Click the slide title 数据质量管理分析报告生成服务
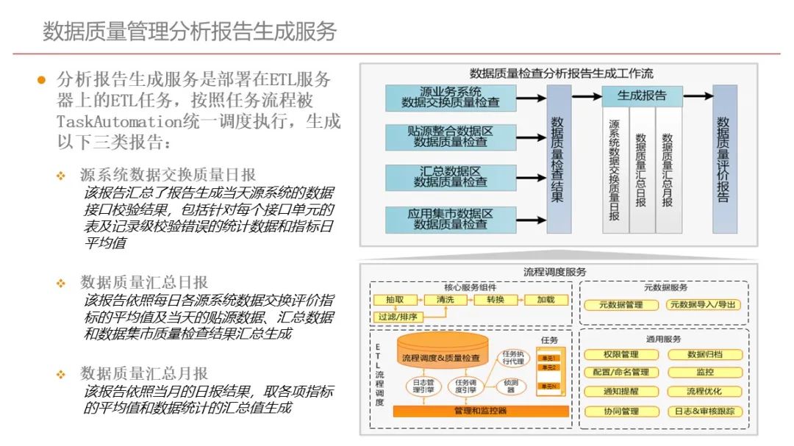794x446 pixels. point(190,31)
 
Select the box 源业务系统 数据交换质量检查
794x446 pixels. point(450,98)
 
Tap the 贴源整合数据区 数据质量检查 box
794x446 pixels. point(450,137)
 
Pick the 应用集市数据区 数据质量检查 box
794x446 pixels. point(450,220)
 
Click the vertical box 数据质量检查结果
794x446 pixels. point(559,159)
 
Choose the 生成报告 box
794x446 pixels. point(642,96)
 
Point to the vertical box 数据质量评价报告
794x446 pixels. point(724,159)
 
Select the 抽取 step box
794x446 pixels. point(394,301)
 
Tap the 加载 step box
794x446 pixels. point(546,301)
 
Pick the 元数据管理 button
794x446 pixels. point(620,305)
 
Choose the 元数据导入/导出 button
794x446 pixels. point(704,305)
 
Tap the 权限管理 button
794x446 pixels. point(620,355)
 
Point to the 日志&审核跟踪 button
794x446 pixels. point(705,411)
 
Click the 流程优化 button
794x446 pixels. point(705,392)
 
